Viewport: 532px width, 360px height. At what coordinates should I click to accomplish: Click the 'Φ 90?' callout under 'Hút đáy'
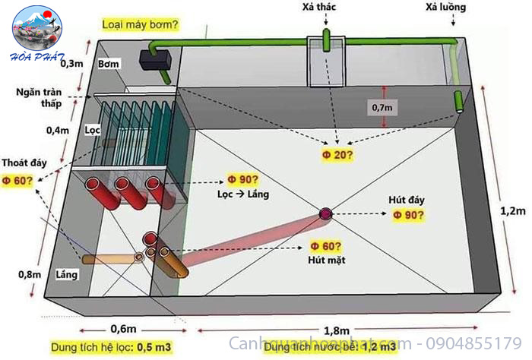pyautogui.click(x=409, y=215)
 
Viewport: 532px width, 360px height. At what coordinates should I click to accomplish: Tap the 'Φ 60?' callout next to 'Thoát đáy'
pyautogui.click(x=17, y=181)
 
